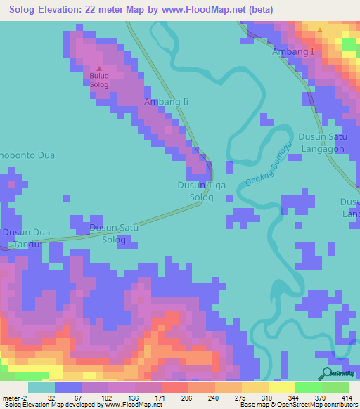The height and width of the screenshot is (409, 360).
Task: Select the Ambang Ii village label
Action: point(167,102)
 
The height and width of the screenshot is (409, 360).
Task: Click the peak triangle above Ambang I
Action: point(320,30)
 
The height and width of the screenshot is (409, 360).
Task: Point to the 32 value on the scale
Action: point(51,398)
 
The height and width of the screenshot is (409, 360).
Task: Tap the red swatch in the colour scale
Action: point(174,387)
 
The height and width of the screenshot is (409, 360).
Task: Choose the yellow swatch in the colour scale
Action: point(281,387)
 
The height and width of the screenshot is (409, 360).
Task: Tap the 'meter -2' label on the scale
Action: point(15,398)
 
